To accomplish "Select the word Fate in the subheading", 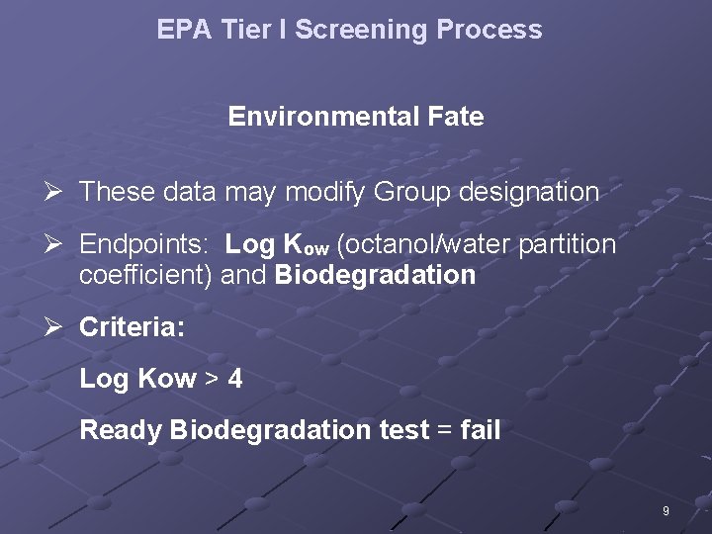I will pyautogui.click(x=456, y=117).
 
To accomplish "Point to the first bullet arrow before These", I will pyautogui.click(x=60, y=191).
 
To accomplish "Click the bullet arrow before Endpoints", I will pyautogui.click(x=60, y=243).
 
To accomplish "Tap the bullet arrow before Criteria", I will pyautogui.click(x=60, y=326).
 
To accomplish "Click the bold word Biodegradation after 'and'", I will pyautogui.click(x=375, y=275).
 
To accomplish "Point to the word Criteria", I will pyautogui.click(x=132, y=327).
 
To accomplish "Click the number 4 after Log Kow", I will pyautogui.click(x=235, y=379).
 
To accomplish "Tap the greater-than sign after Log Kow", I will pyautogui.click(x=212, y=379).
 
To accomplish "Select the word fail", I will pyautogui.click(x=481, y=430).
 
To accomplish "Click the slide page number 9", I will pyautogui.click(x=666, y=511).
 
